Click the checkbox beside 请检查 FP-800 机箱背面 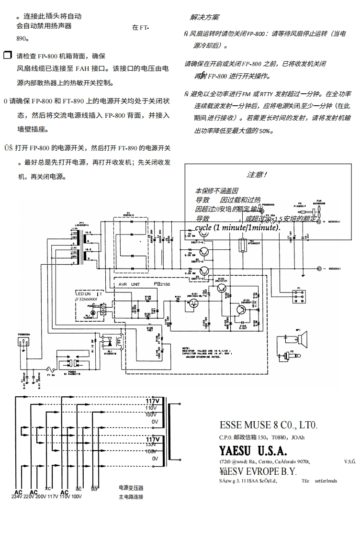7,56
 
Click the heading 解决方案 204,17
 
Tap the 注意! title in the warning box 257,175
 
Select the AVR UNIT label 129,284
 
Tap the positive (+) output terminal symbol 318,222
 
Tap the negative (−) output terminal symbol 318,269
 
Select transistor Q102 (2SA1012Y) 221,289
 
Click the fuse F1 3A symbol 49,369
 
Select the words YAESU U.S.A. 253,451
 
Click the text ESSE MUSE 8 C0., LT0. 268,425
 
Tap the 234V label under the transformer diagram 18,497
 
